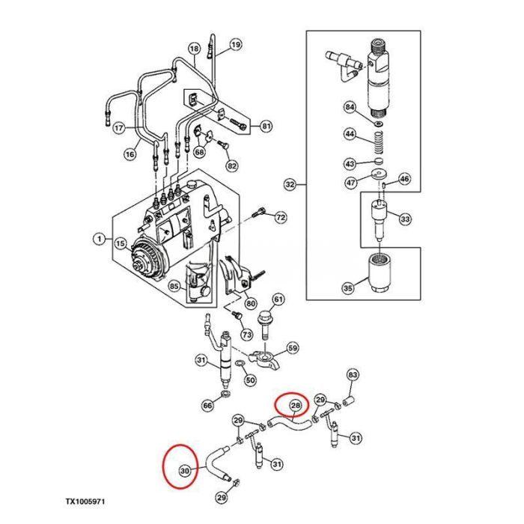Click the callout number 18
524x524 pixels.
click(194, 50)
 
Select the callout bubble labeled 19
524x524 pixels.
click(236, 45)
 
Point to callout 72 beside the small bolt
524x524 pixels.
click(280, 218)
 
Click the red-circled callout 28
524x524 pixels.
click(295, 405)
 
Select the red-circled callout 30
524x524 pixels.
click(184, 470)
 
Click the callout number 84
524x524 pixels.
click(350, 107)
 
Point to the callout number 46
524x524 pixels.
click(404, 178)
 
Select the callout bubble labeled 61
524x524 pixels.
click(278, 300)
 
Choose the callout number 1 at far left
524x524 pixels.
click(98, 240)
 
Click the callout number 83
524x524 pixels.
click(354, 374)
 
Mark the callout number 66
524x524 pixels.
click(207, 405)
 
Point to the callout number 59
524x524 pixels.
click(293, 348)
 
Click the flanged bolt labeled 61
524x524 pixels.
click(265, 326)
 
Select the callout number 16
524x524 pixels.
click(130, 154)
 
